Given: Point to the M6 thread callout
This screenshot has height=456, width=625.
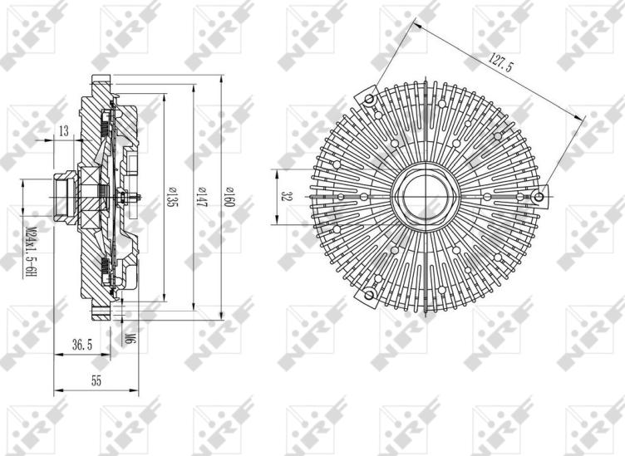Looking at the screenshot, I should [x=130, y=336].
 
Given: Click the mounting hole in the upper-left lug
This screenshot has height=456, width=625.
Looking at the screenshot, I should [x=371, y=100].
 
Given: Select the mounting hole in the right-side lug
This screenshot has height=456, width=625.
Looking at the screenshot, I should [x=539, y=197].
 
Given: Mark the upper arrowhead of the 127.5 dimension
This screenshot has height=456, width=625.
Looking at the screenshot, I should [x=416, y=24].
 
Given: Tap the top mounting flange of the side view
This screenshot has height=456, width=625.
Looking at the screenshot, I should [x=99, y=83].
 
